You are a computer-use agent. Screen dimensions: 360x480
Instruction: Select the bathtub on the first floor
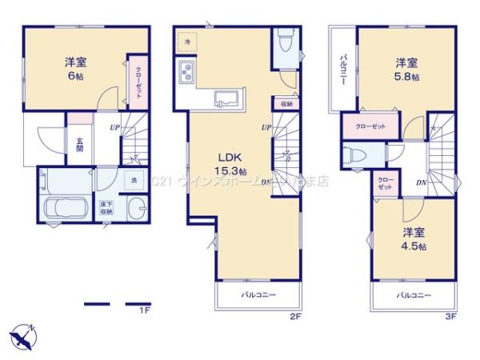coord(62,210)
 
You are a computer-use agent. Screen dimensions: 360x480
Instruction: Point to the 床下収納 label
coord(106,208)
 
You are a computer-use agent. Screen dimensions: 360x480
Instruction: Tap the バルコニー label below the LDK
coord(258,295)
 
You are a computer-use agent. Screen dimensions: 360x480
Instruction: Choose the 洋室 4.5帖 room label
coord(414,239)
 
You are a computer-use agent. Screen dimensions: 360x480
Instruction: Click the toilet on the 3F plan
coord(352,155)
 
